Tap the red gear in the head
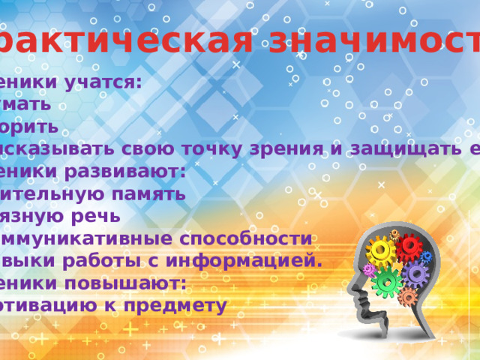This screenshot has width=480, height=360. (409, 247)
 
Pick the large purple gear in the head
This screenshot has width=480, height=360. (414, 274)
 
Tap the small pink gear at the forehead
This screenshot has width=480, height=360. (368, 269)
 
